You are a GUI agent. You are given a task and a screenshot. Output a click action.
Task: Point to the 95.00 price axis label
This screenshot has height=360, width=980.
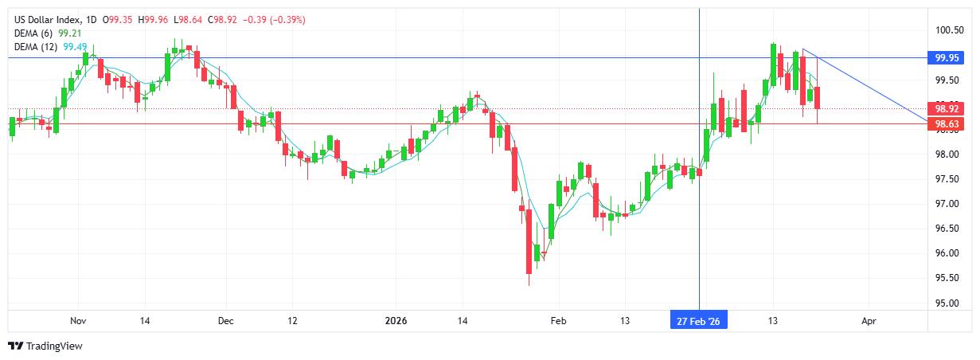pos(947,303)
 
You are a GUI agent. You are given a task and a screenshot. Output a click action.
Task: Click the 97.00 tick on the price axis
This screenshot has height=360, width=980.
pos(947,204)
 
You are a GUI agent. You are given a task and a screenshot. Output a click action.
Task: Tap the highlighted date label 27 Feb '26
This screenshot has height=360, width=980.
pos(698,321)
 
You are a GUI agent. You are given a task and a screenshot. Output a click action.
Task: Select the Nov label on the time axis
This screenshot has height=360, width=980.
pos(77,321)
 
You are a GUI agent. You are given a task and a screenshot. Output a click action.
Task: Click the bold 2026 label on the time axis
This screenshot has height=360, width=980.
pos(396,321)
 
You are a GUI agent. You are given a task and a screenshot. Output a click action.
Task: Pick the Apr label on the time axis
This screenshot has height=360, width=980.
pos(869,321)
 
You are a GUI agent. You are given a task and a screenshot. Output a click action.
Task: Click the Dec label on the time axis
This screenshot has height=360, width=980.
pos(225,321)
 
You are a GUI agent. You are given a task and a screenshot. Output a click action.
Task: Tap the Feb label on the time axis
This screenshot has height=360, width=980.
pos(559,321)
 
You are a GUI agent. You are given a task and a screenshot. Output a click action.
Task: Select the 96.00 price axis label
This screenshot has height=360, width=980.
pos(947,253)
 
